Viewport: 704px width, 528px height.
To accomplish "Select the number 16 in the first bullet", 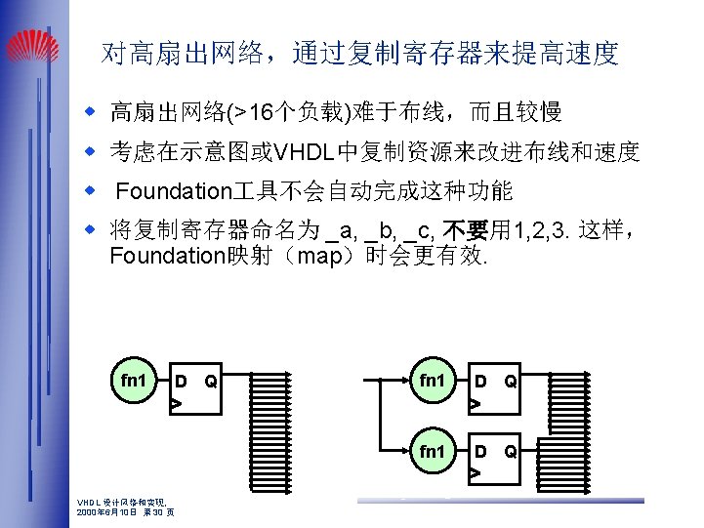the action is pyautogui.click(x=260, y=113).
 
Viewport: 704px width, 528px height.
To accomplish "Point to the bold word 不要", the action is pyautogui.click(x=465, y=231).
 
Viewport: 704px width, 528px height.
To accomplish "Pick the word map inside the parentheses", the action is pyautogui.click(x=319, y=257).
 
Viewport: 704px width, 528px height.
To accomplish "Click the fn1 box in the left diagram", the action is pyautogui.click(x=133, y=380).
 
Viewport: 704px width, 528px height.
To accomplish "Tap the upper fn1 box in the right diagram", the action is pyautogui.click(x=432, y=380).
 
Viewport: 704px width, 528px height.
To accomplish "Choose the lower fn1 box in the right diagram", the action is pyautogui.click(x=432, y=453).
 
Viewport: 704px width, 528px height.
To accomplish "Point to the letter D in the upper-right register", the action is pyautogui.click(x=480, y=381).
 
